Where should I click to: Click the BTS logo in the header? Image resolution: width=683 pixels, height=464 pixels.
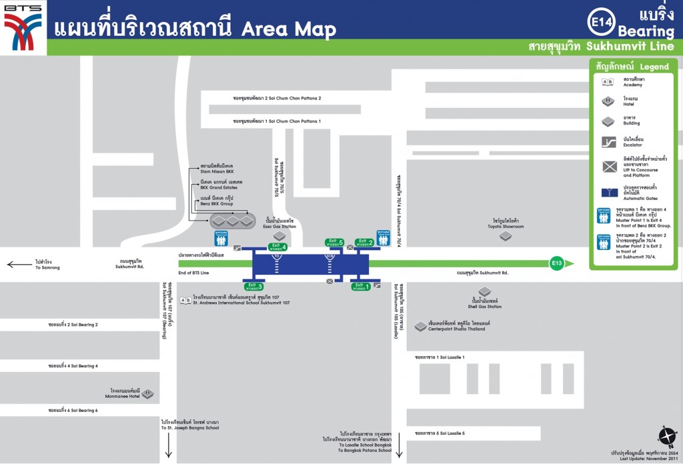click(23, 27)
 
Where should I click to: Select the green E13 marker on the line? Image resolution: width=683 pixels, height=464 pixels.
click(557, 263)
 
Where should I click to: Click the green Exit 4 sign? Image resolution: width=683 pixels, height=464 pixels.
click(278, 247)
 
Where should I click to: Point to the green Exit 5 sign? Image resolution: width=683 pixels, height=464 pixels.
click(334, 242)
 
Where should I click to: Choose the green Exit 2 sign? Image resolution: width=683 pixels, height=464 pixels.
click(364, 242)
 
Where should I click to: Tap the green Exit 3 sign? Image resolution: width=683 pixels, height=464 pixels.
click(253, 286)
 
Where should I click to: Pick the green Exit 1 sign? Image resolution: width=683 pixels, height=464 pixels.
click(361, 287)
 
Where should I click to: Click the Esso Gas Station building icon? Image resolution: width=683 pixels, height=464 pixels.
click(279, 235)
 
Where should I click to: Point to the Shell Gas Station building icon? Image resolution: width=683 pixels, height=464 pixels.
click(484, 292)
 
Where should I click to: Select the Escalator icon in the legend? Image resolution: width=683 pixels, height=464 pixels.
click(608, 141)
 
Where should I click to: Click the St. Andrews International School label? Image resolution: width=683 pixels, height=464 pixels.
click(241, 301)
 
